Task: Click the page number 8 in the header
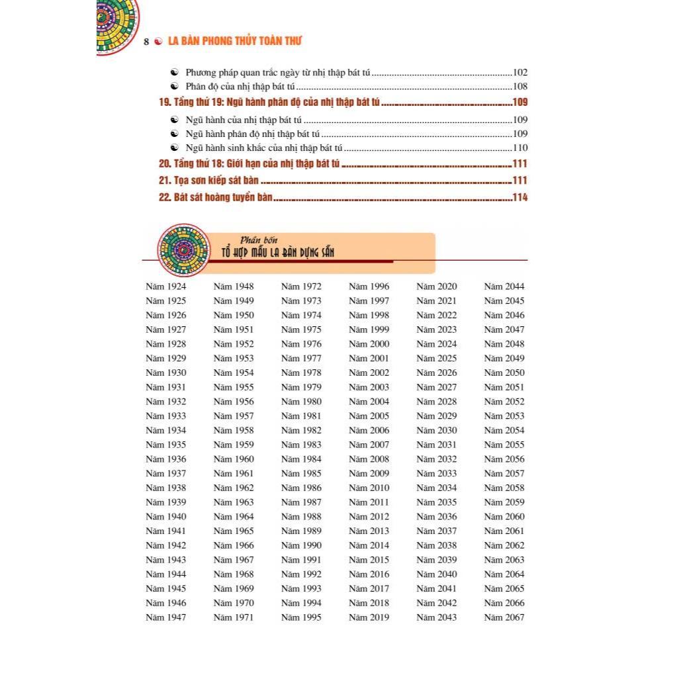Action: [x=146, y=42]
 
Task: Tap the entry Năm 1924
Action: [x=165, y=287]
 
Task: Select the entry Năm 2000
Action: [x=369, y=344]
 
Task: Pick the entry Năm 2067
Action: [x=504, y=617]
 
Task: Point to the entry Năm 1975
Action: [x=301, y=330]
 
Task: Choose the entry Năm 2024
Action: [x=436, y=344]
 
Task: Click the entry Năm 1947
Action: [x=165, y=617]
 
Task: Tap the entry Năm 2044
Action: [x=504, y=287]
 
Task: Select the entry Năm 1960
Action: [x=234, y=459]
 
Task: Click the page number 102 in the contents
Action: [x=519, y=73]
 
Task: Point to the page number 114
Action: [x=519, y=197]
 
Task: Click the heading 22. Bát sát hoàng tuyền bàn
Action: [x=215, y=197]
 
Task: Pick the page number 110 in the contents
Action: [x=519, y=148]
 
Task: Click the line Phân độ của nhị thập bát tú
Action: [x=240, y=87]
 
